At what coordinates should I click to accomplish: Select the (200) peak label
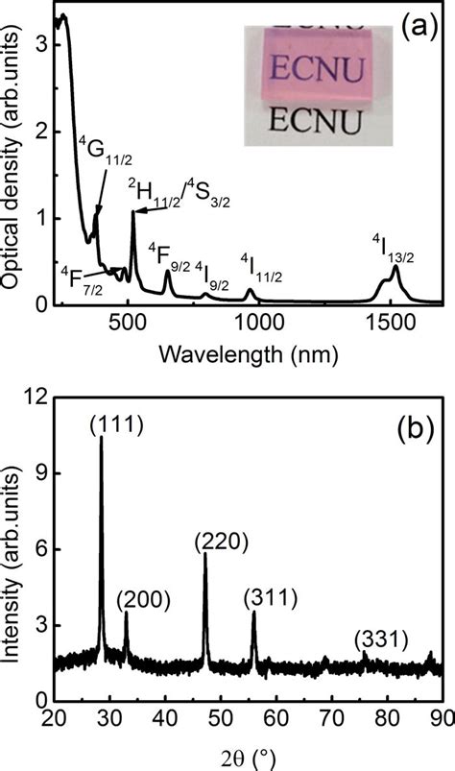144,600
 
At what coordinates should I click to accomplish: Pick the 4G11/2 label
99,153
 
